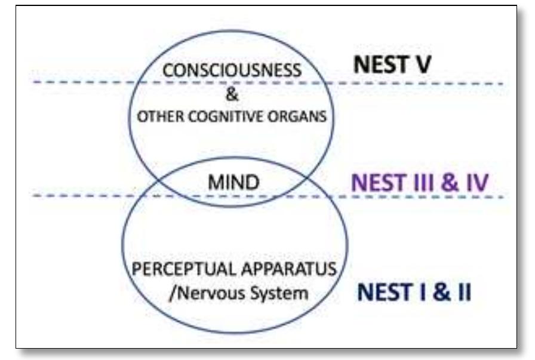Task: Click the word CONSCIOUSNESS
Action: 232,70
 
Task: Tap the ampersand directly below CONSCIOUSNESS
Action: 232,94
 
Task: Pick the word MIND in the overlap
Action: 233,183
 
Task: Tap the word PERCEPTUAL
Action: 180,268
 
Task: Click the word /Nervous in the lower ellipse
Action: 204,293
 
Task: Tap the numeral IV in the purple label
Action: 475,182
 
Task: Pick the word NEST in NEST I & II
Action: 382,293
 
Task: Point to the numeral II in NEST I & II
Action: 459,293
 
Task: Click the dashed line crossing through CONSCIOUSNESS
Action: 418,83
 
